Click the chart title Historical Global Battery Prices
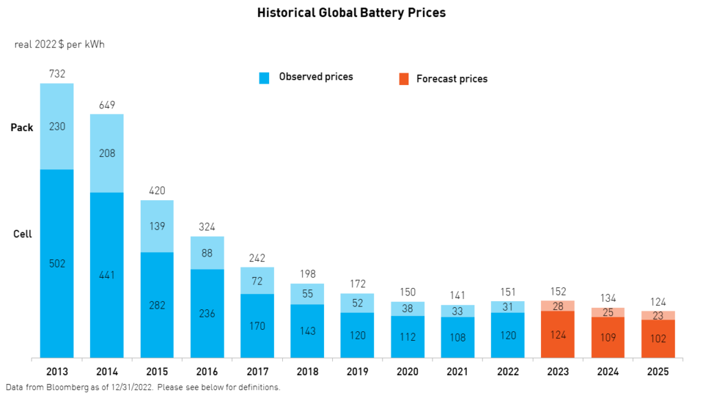click(351, 13)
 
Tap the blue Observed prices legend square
click(264, 78)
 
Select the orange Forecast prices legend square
click(404, 79)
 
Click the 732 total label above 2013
click(57, 73)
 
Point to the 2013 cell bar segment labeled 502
click(57, 263)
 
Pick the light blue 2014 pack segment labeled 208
click(107, 154)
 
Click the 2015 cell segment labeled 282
click(157, 304)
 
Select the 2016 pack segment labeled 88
click(207, 253)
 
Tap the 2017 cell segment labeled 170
click(257, 326)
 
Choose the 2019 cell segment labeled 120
click(358, 335)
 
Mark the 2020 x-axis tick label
click(408, 371)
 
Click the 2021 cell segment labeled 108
click(458, 337)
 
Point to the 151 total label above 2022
click(508, 292)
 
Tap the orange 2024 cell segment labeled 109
click(608, 337)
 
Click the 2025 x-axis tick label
click(658, 371)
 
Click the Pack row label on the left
click(22, 128)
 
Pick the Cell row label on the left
click(23, 234)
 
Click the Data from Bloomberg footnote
click(143, 387)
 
